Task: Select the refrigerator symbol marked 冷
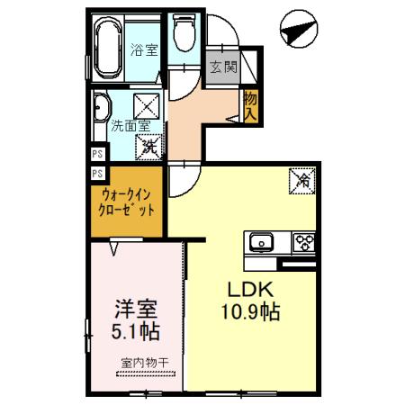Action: point(302,182)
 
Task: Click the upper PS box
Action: point(96,155)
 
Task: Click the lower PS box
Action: point(96,172)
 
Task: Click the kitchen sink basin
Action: point(263,241)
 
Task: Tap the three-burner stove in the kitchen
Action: point(303,241)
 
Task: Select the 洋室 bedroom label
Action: point(137,307)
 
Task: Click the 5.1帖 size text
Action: point(137,331)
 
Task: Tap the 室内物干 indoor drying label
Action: point(138,364)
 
